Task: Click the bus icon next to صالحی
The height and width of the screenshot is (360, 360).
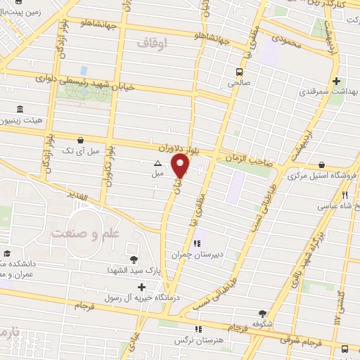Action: coord(240,72)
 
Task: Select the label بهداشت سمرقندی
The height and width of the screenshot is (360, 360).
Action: coord(328,92)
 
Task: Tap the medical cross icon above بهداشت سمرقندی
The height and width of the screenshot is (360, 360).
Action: coord(337,81)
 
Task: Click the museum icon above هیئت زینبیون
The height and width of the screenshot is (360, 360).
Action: coord(19,110)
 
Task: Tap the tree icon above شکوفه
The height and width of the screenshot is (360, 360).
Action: coord(262,314)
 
